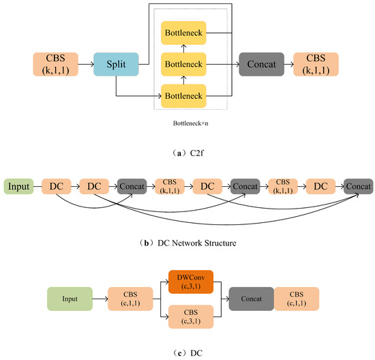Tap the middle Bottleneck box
(185, 65)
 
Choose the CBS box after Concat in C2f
(315, 65)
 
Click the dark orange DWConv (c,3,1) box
(191, 282)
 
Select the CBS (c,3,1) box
(191, 316)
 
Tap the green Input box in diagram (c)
(69, 299)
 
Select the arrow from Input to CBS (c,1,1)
(100, 299)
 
